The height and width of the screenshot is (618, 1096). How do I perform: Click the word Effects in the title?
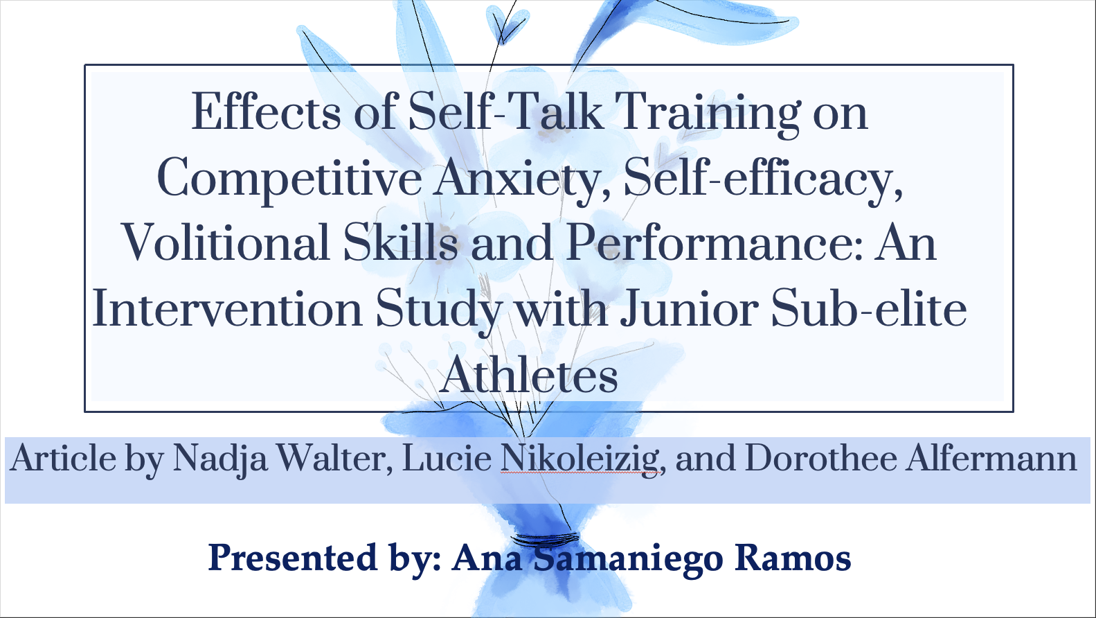tap(266, 112)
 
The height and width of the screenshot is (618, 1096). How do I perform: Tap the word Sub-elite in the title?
tap(869, 308)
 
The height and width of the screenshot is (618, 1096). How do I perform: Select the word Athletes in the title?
tap(529, 374)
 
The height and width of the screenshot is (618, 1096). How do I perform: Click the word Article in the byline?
tap(63, 459)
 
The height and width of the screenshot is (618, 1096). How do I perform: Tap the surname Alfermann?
tap(991, 459)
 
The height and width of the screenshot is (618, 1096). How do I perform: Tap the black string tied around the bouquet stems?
tap(545, 539)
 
